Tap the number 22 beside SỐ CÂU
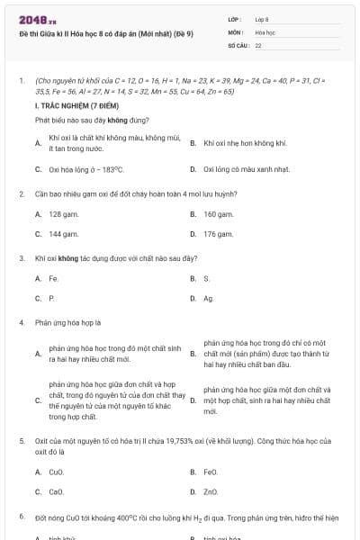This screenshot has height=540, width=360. click(x=258, y=43)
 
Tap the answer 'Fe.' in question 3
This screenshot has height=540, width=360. click(x=53, y=278)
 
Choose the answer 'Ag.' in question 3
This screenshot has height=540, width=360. click(x=208, y=298)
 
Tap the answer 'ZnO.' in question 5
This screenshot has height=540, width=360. click(x=211, y=491)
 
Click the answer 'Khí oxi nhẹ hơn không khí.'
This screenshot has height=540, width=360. click(x=245, y=143)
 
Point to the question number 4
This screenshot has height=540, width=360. click(x=21, y=321)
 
